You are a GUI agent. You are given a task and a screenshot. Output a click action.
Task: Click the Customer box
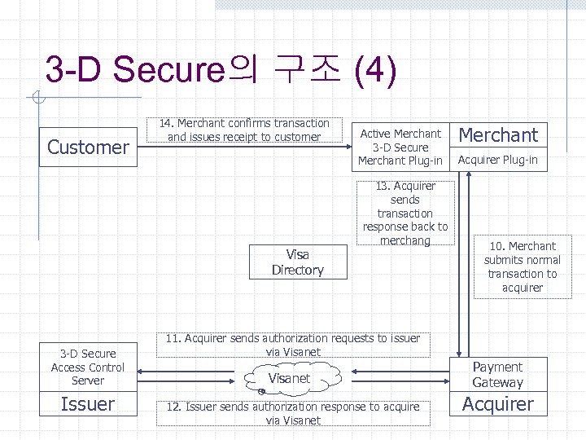pyautogui.click(x=88, y=147)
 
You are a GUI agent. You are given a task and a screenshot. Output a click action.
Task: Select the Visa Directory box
pyautogui.click(x=297, y=262)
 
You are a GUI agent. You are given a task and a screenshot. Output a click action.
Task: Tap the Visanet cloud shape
pyautogui.click(x=289, y=379)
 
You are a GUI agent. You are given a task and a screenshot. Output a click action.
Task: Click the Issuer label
pyautogui.click(x=88, y=404)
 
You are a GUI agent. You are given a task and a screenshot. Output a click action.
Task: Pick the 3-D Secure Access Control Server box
pyautogui.click(x=88, y=367)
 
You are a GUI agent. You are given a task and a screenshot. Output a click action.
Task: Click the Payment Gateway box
pyautogui.click(x=497, y=375)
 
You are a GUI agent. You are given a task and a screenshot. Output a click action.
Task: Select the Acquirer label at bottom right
pyautogui.click(x=497, y=404)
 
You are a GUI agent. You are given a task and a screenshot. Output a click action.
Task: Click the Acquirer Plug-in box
pyautogui.click(x=497, y=160)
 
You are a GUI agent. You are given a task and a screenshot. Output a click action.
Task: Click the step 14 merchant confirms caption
pyautogui.click(x=244, y=130)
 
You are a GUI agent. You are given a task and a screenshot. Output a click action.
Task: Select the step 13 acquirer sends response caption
pyautogui.click(x=405, y=213)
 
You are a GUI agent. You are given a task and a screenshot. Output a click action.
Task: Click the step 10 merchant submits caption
pyautogui.click(x=522, y=266)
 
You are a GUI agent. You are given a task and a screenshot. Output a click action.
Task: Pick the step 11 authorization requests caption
pyautogui.click(x=293, y=345)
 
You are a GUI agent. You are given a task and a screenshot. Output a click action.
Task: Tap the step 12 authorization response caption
pyautogui.click(x=293, y=413)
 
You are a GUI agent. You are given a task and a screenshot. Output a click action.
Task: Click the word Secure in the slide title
pyautogui.click(x=168, y=70)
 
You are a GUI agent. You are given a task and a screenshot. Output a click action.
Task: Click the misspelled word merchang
pyautogui.click(x=405, y=240)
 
